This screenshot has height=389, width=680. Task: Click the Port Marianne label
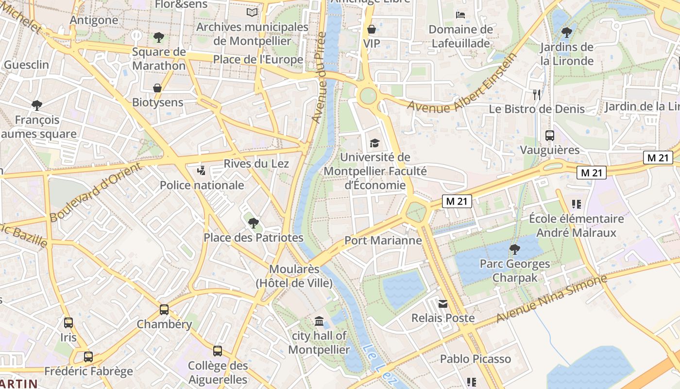tap(383, 240)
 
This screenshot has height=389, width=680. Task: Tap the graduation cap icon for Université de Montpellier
tap(374, 143)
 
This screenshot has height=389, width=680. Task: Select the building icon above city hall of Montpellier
tap(319, 321)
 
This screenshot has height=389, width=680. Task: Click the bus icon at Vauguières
tap(550, 136)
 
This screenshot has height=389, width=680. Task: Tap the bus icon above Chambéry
tap(164, 310)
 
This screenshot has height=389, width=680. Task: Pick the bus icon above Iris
tap(68, 322)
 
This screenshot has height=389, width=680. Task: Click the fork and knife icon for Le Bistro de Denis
tap(537, 94)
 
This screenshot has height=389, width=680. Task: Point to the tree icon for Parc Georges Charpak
tap(515, 250)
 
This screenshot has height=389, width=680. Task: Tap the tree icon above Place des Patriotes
tap(253, 223)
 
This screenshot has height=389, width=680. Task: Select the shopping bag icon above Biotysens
tap(157, 88)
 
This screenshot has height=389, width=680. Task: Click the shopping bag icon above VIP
tap(372, 29)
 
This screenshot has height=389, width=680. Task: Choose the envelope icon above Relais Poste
tap(443, 304)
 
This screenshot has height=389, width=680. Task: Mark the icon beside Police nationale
tap(201, 171)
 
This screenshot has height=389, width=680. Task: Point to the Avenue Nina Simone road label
tap(552, 298)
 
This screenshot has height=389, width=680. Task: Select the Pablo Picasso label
tap(476, 359)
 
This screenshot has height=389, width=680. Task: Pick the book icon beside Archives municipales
tap(252, 12)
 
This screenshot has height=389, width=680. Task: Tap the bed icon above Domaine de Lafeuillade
tap(460, 15)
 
